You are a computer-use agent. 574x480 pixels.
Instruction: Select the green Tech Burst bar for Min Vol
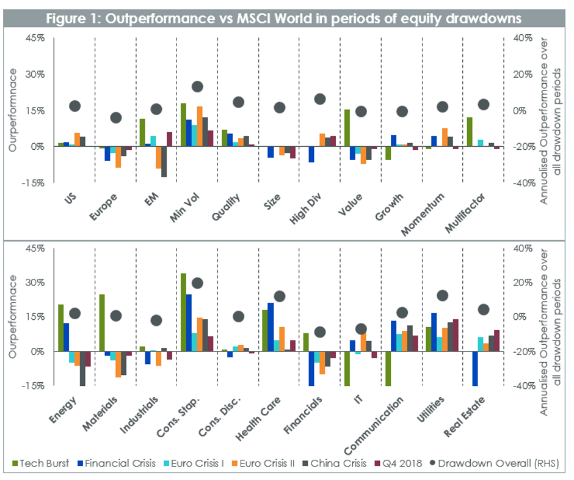coord(183,125)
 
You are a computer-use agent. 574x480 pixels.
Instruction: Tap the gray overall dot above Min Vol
coord(197,87)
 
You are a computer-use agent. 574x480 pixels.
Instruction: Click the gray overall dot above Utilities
coord(443,296)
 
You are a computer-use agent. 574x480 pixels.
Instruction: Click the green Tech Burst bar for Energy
coord(60,328)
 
